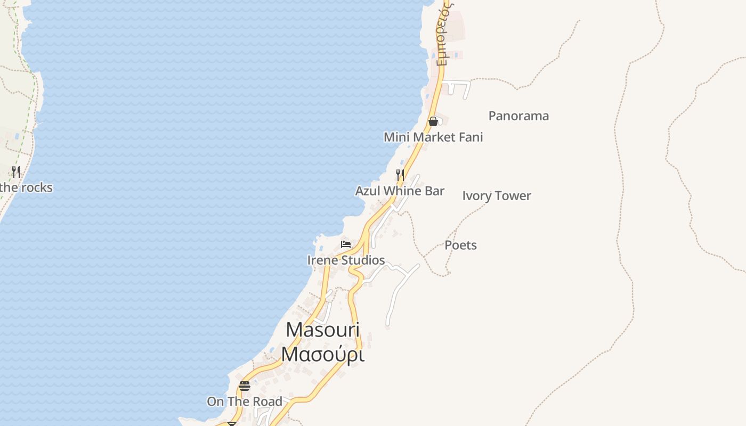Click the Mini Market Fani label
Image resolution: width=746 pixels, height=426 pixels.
tap(433, 137)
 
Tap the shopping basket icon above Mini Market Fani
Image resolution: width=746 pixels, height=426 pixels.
tap(433, 121)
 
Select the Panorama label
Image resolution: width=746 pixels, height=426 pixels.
tap(518, 116)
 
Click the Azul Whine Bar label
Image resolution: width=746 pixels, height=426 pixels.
tap(400, 191)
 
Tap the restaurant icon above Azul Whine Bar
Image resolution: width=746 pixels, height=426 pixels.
tap(400, 175)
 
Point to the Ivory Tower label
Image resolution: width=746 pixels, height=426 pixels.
tap(497, 196)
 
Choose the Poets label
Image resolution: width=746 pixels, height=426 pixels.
tap(460, 245)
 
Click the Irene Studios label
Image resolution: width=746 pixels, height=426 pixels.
tap(346, 260)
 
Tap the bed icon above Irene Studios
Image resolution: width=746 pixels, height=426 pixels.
tap(346, 244)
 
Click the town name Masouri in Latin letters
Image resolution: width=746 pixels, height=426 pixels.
tap(323, 330)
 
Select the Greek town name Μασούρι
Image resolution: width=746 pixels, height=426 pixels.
tap(323, 354)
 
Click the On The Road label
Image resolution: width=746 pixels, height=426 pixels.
tap(245, 402)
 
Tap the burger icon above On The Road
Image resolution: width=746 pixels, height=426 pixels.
tap(245, 386)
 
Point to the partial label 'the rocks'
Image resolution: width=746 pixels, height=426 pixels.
tap(26, 187)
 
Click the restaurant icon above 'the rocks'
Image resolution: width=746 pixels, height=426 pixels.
tap(16, 171)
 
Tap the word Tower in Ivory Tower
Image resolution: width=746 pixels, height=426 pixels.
tap(515, 196)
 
